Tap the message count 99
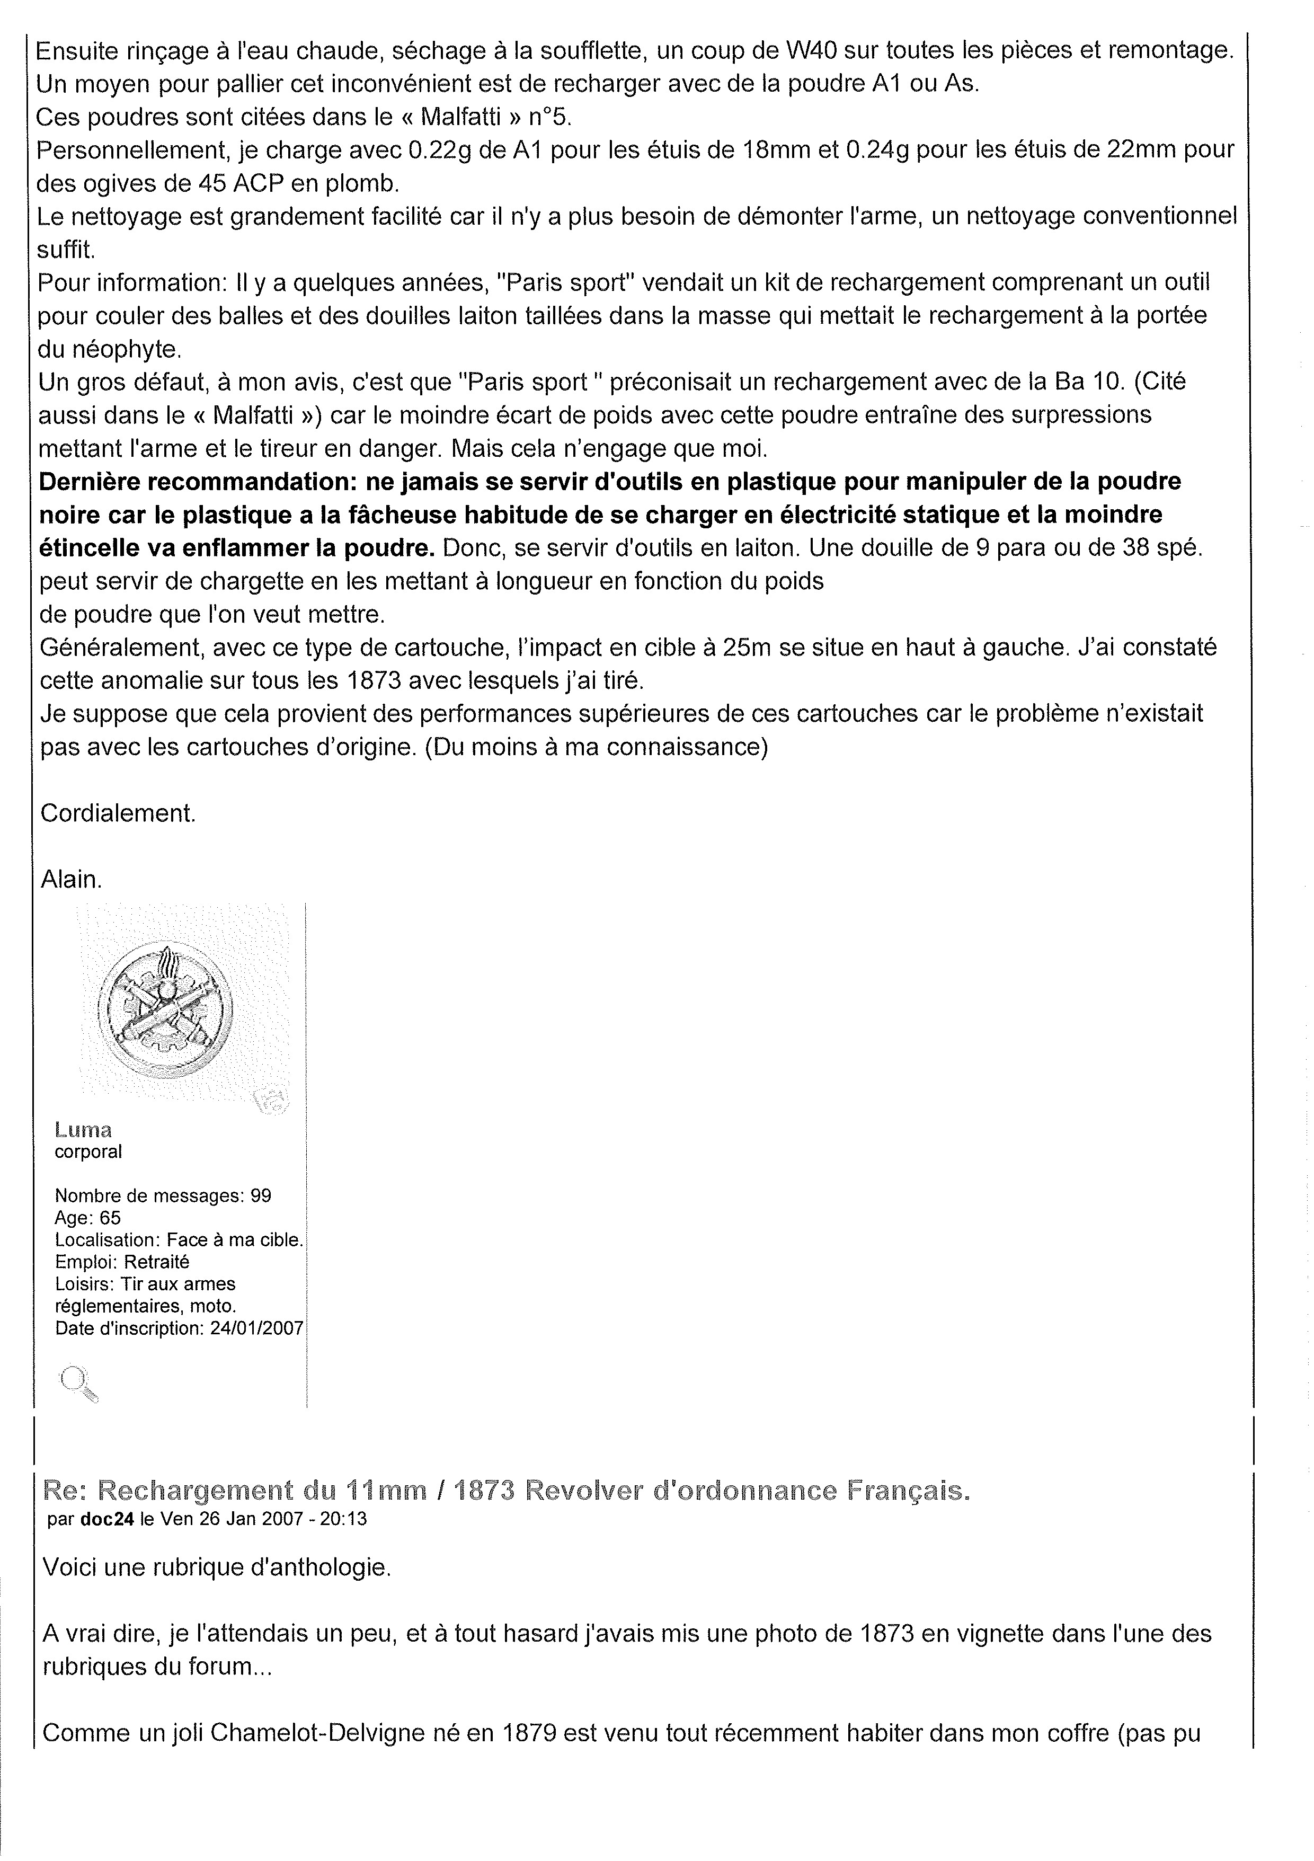(261, 1195)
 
